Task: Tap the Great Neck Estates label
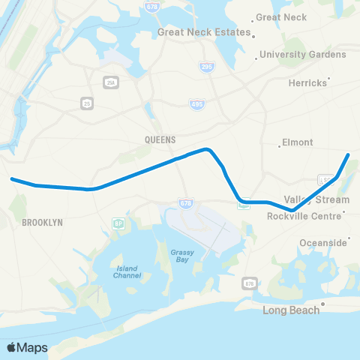click(x=202, y=32)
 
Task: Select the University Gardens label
click(x=302, y=54)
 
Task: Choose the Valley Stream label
click(x=316, y=199)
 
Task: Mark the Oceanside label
click(x=323, y=242)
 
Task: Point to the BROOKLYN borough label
click(x=42, y=223)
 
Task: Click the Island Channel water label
click(x=127, y=271)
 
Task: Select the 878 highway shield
click(x=249, y=284)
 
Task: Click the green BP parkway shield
click(x=118, y=223)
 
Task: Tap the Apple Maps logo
click(x=27, y=347)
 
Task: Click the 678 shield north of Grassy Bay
click(x=187, y=203)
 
